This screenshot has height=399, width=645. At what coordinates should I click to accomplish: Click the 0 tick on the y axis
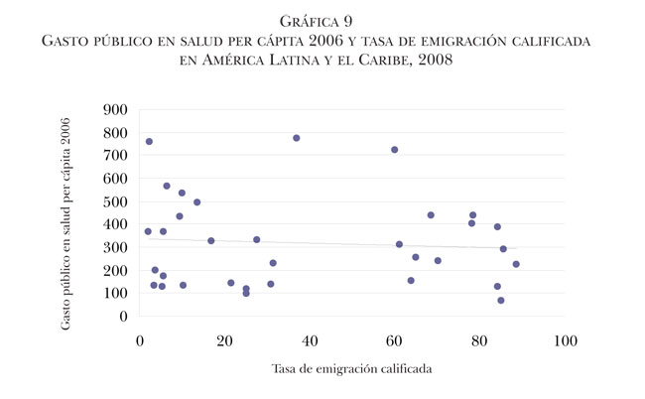124,317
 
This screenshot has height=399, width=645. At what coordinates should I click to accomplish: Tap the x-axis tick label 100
566,342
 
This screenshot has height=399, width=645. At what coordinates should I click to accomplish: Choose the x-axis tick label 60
395,342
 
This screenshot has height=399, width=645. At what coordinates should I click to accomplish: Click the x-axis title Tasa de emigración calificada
351,369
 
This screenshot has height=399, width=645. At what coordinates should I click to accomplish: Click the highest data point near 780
297,138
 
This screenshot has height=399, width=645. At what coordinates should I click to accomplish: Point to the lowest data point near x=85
501,301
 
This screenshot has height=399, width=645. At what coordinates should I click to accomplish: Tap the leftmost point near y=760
149,142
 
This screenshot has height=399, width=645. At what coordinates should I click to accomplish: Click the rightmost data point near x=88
516,264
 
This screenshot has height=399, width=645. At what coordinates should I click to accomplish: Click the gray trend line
327,243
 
